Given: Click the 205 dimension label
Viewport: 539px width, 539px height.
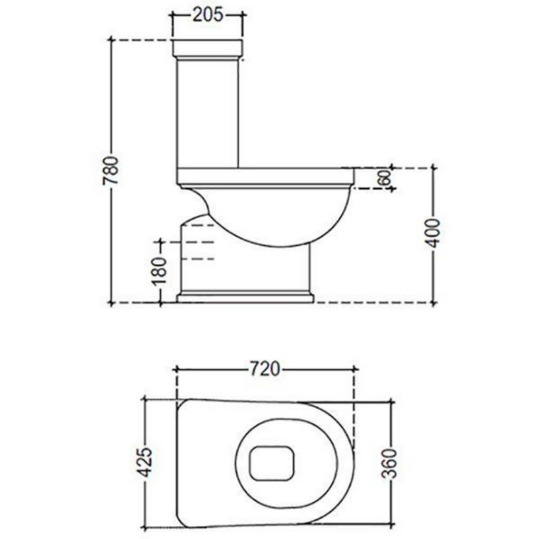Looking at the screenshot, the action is (x=208, y=15).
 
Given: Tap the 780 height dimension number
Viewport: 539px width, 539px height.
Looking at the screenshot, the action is (x=110, y=170).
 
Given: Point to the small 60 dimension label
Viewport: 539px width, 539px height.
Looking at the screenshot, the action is (x=385, y=178).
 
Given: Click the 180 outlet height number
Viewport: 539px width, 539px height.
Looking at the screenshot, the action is (x=159, y=272).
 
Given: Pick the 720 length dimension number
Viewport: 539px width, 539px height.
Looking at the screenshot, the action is (x=264, y=369).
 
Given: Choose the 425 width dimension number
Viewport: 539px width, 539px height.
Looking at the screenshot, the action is (x=144, y=462).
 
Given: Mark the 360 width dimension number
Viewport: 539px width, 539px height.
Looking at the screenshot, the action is (x=389, y=464).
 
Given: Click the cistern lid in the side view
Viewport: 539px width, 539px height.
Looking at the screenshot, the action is (x=208, y=49).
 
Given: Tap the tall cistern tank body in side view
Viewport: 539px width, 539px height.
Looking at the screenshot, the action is (x=208, y=113).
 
